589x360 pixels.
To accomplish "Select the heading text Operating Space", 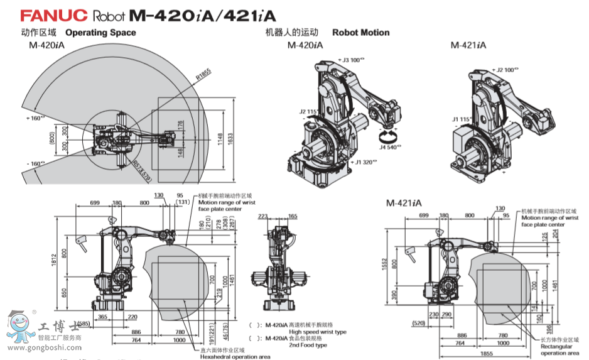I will pos(100,33).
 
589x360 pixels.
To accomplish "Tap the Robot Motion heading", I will pos(360,33).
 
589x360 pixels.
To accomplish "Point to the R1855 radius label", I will pos(203,74).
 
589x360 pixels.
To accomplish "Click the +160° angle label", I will pos(35,117).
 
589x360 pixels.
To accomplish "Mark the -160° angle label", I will pos(35,163).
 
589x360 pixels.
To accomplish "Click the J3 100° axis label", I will pos(350,60).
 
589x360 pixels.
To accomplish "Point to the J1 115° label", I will pos(462,118).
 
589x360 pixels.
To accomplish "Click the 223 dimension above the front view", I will pos(262,215).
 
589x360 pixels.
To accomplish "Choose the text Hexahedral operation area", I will pos(235,356).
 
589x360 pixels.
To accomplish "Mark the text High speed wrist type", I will pos(317,332).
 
